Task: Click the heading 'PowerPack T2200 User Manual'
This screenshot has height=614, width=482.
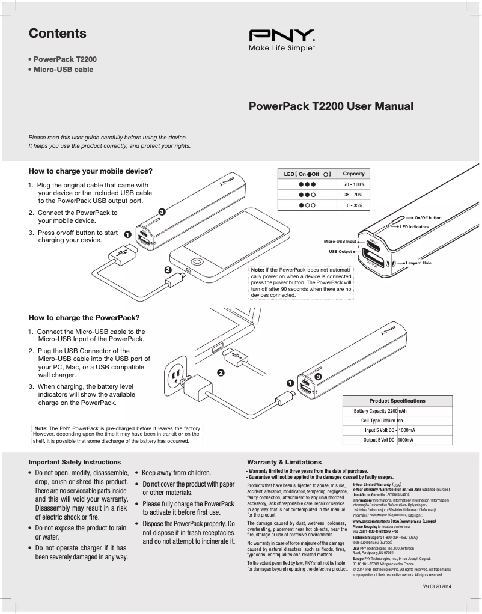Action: [331, 107]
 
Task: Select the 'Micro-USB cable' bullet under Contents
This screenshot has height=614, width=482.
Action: [63, 70]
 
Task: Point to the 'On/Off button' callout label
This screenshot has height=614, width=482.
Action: [428, 217]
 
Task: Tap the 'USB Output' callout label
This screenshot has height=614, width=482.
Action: [340, 251]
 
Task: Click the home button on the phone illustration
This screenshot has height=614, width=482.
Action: [197, 263]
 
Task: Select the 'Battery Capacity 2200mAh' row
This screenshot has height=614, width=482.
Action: [380, 411]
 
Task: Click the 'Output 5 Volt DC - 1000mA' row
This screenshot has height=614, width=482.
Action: [389, 440]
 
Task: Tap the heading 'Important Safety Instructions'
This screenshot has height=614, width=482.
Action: [75, 462]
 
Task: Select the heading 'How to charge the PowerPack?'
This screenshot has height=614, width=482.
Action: [84, 317]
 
